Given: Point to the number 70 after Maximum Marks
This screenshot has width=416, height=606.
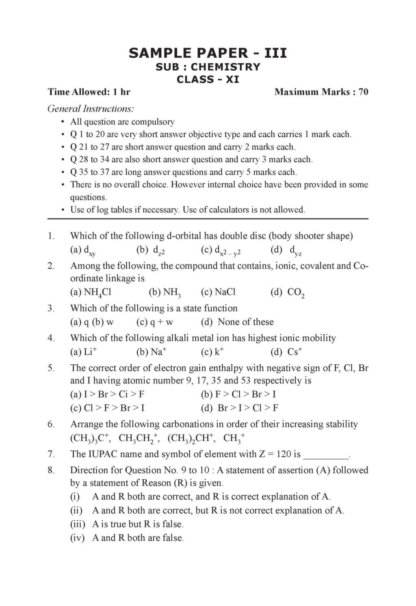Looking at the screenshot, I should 364,92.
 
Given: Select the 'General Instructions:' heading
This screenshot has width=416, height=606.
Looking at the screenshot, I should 91,109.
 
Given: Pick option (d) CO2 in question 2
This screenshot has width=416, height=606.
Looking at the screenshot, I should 288,292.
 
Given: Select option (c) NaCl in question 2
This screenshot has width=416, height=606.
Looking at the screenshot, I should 218,292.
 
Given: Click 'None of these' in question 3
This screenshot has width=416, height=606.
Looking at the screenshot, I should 245,322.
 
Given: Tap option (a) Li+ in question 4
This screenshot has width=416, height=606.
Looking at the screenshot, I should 84,352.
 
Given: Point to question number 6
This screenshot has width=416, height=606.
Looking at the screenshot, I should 51,424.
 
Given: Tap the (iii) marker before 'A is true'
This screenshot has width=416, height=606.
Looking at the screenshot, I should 78,524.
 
